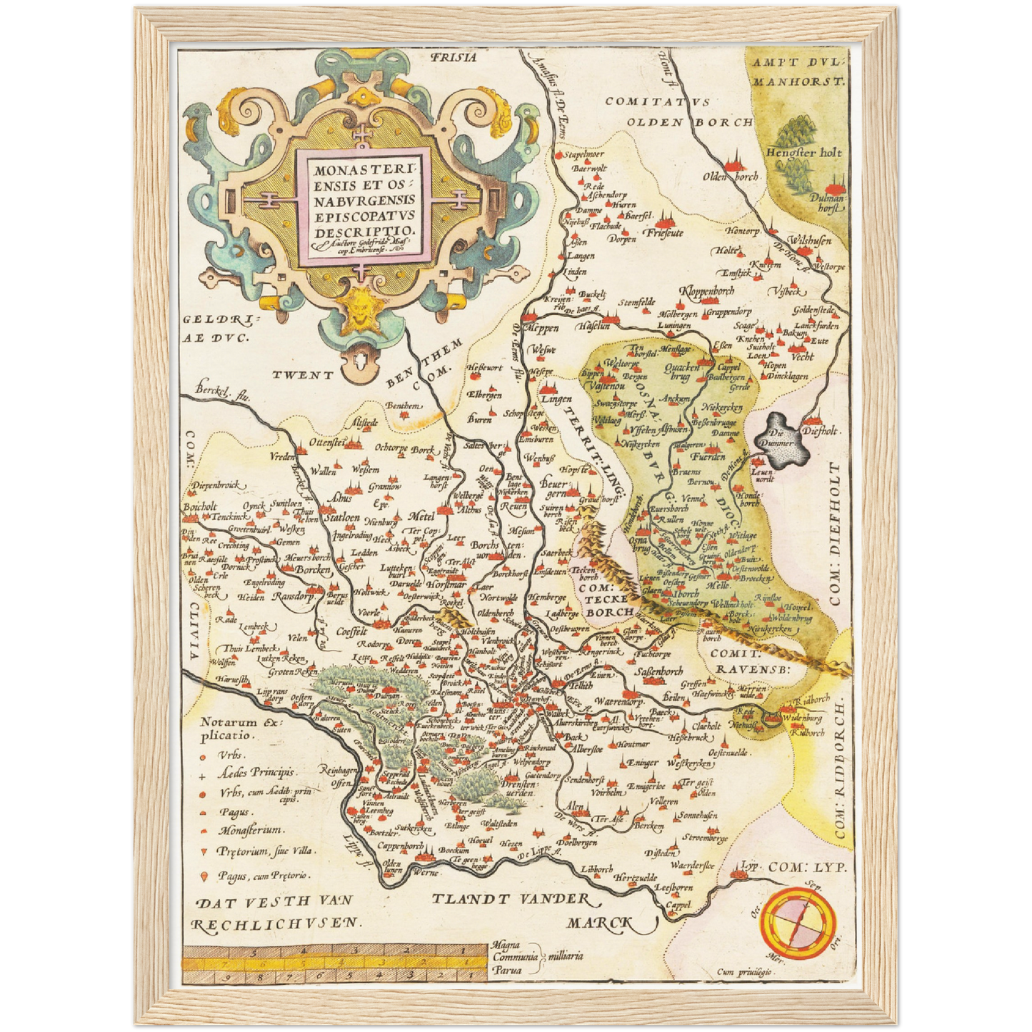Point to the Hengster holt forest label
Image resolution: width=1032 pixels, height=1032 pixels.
click(803, 152)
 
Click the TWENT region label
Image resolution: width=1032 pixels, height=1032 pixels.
click(302, 374)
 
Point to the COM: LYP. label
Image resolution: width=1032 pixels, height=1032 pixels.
click(807, 868)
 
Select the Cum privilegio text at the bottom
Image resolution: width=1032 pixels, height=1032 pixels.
click(746, 972)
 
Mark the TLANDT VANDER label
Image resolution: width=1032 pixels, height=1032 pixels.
click(511, 899)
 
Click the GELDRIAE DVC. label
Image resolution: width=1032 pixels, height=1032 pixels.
click(214, 329)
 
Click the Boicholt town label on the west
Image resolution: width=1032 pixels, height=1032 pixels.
click(199, 507)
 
